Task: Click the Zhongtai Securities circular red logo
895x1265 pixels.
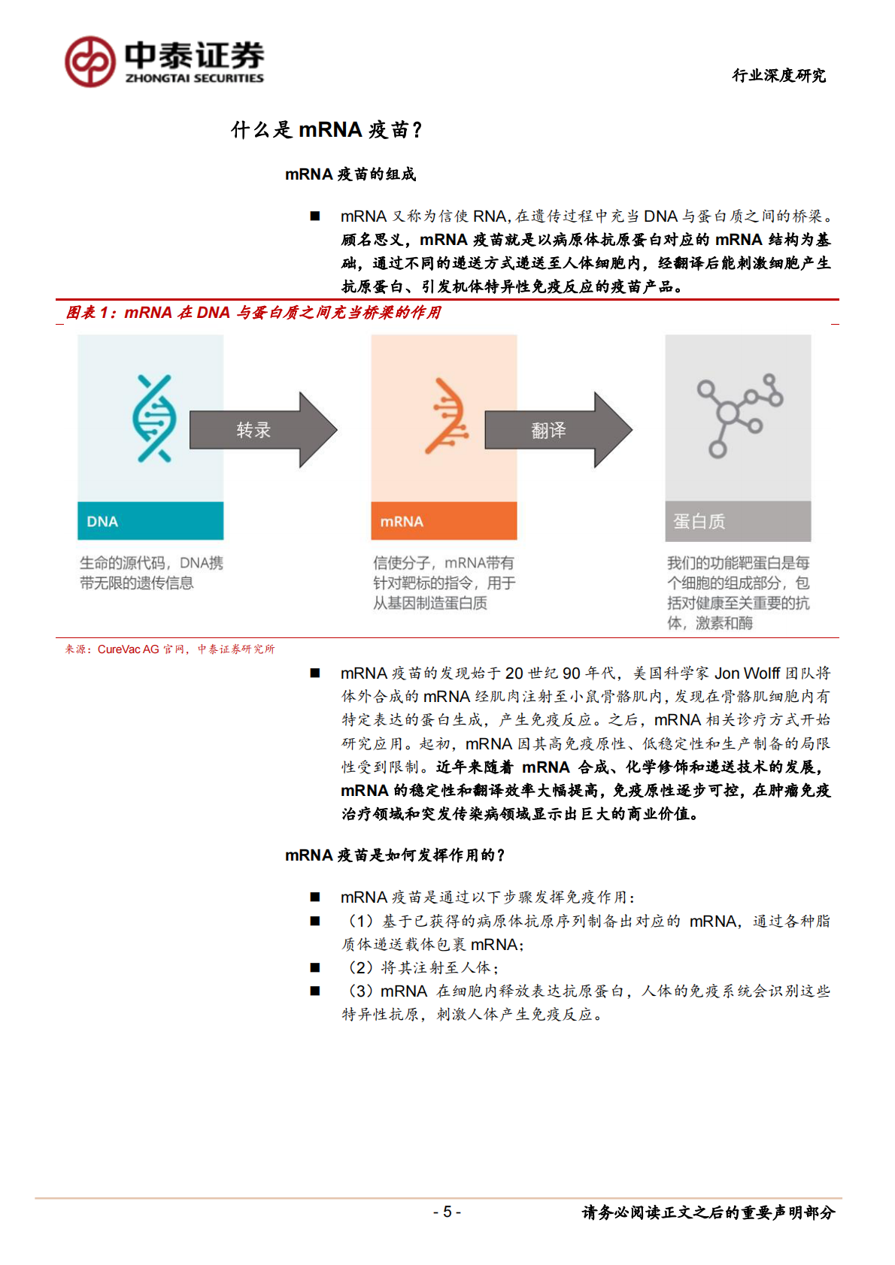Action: [90, 62]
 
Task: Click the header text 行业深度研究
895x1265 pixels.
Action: [778, 75]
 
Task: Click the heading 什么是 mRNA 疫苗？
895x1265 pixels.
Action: [326, 130]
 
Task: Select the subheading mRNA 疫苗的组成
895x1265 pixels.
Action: [350, 174]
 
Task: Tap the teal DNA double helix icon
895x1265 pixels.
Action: [153, 418]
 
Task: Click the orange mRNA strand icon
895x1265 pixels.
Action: [447, 416]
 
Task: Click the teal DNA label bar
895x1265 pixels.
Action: [150, 521]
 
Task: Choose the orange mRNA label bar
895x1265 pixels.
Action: [444, 521]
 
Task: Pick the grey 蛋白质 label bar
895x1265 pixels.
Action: [738, 521]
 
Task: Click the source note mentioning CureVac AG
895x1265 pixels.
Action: [170, 649]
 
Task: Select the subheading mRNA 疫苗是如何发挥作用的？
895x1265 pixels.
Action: [395, 855]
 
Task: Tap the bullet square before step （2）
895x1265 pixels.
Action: [315, 968]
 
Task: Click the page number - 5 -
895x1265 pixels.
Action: [447, 1212]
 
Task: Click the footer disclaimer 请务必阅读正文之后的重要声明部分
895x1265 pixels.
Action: [708, 1212]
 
